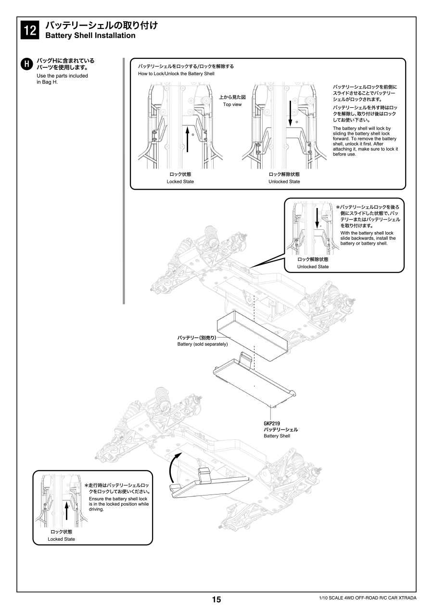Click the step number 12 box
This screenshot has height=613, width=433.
tap(29, 30)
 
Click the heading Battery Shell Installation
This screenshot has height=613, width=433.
tap(90, 36)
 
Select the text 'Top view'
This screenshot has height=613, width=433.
tap(232, 104)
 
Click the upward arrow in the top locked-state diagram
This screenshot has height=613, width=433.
tap(187, 140)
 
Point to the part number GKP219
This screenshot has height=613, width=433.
tap(272, 423)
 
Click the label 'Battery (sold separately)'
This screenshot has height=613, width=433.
tap(202, 344)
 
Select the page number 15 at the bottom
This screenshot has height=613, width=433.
tap(216, 600)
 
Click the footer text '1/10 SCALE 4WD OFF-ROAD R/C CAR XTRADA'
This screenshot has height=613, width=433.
tap(368, 598)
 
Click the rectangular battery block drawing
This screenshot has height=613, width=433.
tap(250, 332)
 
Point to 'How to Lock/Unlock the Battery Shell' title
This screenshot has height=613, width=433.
tap(176, 74)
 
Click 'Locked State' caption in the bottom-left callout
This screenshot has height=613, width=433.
tap(61, 539)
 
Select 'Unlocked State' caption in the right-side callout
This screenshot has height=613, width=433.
tap(313, 267)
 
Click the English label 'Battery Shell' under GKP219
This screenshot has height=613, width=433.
tap(277, 436)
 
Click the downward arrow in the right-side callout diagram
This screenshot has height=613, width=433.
tap(317, 218)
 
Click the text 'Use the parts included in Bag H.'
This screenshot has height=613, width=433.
tap(63, 79)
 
